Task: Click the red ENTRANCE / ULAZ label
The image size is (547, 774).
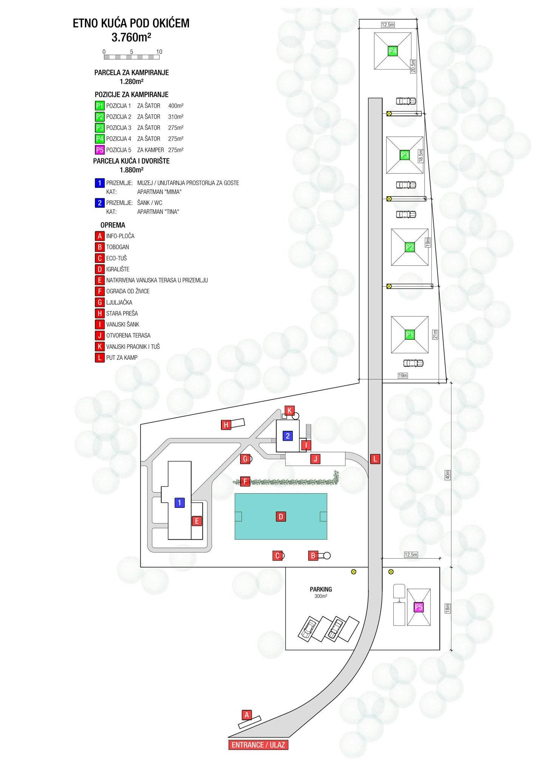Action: pos(258,745)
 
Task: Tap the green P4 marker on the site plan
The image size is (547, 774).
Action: pos(392,51)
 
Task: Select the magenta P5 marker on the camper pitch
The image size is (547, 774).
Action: pos(419,607)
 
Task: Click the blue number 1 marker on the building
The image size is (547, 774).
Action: pos(179,503)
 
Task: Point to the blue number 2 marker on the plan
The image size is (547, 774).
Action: pos(288,436)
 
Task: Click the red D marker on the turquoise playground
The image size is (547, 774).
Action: pos(281,517)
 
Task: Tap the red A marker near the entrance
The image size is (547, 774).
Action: pos(247,715)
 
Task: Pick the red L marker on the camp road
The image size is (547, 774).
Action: pos(375,459)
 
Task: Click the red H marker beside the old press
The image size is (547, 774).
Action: pos(226,425)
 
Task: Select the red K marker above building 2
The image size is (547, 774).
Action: pos(290,411)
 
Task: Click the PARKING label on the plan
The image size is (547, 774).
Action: pos(321,589)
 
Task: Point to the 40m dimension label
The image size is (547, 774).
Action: pos(448,475)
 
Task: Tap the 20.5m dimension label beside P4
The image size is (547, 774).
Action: pos(413,66)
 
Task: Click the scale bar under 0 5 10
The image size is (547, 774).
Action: pos(131,57)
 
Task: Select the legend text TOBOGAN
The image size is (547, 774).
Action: pos(117,247)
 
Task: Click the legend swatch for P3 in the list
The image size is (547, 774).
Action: pos(100,128)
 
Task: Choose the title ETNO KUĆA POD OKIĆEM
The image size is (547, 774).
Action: pos(131,23)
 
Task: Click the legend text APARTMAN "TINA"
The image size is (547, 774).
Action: pos(158,212)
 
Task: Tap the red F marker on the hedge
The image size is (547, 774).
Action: pos(245,481)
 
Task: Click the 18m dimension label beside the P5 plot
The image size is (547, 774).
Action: pos(448,608)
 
